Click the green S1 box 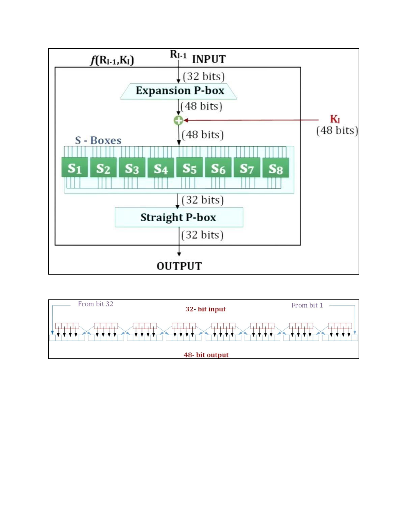tap(75, 168)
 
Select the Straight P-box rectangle tap(179, 217)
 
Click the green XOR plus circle tap(179, 120)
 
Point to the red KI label tap(335, 119)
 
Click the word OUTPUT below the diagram tap(179, 266)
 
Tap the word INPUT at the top tap(209, 59)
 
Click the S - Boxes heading tap(98, 140)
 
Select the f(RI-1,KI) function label tap(112, 60)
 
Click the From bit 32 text tap(95, 304)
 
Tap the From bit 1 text tap(307, 305)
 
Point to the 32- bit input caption tap(205, 309)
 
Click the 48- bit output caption tap(206, 355)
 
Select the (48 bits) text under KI tap(337, 130)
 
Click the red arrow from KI tap(252, 120)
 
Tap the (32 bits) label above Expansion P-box tap(203, 77)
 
